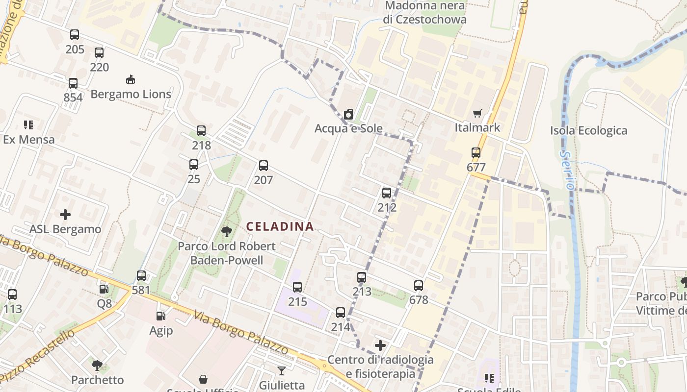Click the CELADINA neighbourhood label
tap(280, 226)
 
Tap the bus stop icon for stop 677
tap(476, 152)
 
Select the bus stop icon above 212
tap(387, 193)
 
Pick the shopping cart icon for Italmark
tap(477, 114)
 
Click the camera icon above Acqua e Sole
tap(348, 114)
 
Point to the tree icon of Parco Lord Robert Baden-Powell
tap(226, 231)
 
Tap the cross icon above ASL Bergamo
tap(65, 215)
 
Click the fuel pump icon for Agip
tap(160, 316)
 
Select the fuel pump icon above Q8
tap(104, 289)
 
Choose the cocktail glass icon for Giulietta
tap(282, 370)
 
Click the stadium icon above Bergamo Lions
tap(131, 79)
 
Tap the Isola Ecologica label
tap(588, 130)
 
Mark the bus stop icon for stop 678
tap(419, 285)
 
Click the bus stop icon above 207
tap(264, 166)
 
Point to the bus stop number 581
tap(141, 290)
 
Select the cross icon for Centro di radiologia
tap(380, 345)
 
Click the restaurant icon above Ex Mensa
tap(28, 125)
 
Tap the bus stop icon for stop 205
tap(75, 35)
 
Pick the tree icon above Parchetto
tap(97, 365)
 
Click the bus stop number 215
tap(297, 301)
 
